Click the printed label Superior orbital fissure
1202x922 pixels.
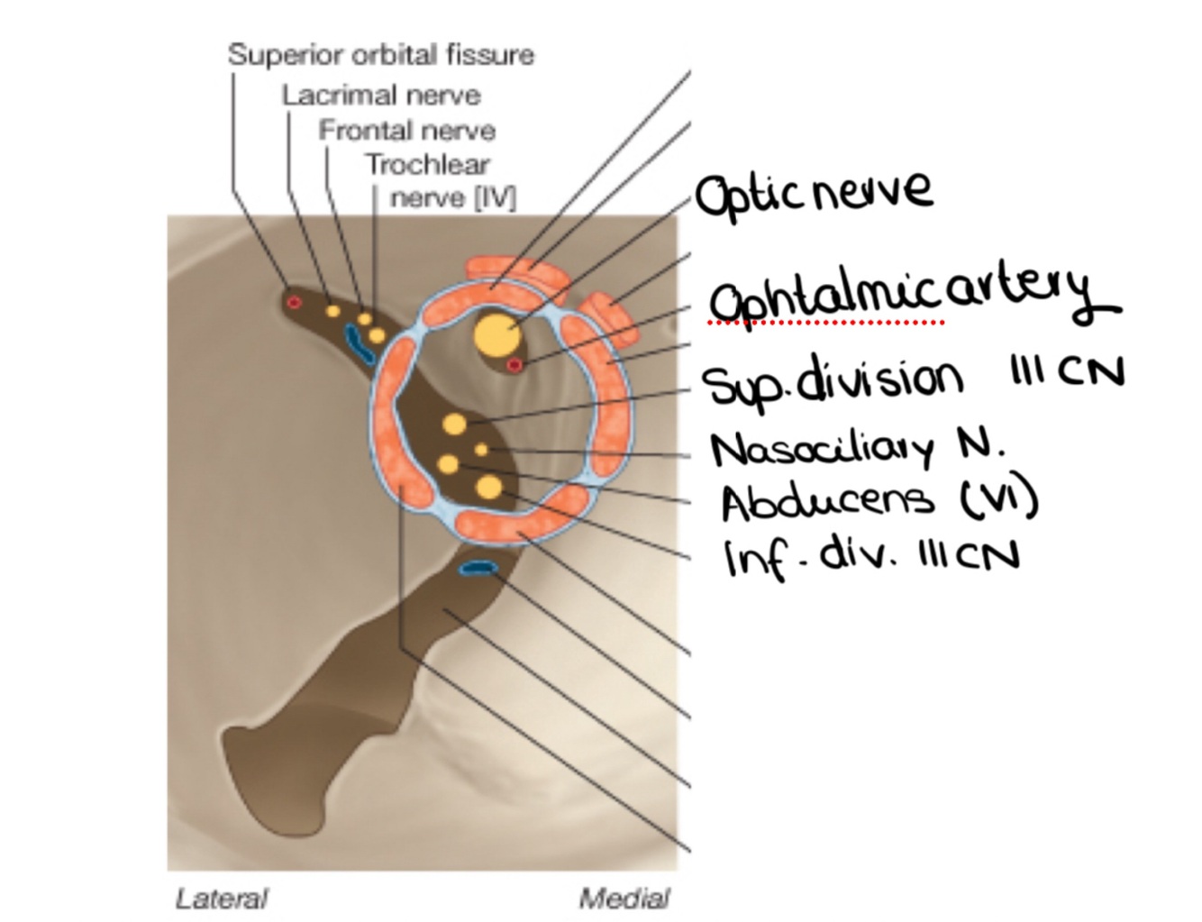[380, 55]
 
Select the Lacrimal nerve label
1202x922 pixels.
[380, 95]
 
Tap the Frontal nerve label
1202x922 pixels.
[406, 131]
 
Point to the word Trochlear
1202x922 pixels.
[427, 165]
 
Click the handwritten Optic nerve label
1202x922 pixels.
[814, 192]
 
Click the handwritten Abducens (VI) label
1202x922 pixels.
[879, 500]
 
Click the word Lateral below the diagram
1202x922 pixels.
[222, 899]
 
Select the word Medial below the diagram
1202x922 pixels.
[624, 899]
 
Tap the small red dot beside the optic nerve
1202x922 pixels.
[514, 365]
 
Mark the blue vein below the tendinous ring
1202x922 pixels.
[478, 568]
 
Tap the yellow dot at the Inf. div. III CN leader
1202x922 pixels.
[488, 487]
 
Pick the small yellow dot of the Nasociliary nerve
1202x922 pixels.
[481, 449]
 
